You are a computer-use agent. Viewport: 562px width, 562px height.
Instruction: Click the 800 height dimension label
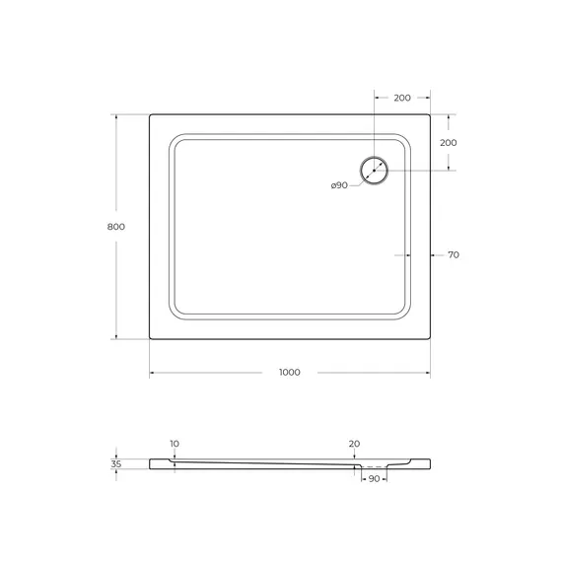116,226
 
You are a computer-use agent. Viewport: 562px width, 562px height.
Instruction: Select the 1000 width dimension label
289,373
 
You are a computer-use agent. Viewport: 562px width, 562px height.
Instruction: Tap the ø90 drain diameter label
339,185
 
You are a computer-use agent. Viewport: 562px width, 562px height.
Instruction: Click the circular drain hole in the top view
375,171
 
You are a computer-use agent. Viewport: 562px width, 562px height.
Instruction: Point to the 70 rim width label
453,255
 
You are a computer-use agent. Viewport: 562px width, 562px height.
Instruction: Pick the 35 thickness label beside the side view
116,463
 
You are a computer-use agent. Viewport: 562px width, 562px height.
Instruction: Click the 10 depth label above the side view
175,444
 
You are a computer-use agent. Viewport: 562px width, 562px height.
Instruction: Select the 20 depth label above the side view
354,444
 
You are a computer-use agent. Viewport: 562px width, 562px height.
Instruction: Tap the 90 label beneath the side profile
374,478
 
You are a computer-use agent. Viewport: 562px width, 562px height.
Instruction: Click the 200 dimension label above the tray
402,99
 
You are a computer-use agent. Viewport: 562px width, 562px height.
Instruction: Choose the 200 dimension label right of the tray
449,143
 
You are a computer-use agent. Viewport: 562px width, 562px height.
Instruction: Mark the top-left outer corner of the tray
150,115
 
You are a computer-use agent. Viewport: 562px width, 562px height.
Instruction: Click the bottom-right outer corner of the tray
430,339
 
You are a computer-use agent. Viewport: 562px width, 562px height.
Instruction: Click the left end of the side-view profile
151,463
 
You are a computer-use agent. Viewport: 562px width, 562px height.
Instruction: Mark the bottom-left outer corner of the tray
150,339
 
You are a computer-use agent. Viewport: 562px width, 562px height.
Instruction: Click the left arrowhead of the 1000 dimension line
152,373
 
